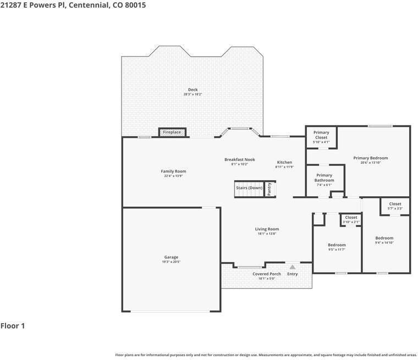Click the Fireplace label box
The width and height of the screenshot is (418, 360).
pyautogui.click(x=172, y=132)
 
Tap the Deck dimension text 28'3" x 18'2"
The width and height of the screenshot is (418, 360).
pyautogui.click(x=193, y=94)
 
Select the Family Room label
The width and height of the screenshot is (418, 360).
pyautogui.click(x=173, y=171)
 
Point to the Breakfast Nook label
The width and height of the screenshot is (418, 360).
pyautogui.click(x=239, y=159)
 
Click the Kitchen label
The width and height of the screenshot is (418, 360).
pyautogui.click(x=284, y=162)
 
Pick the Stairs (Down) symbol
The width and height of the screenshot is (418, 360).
pyautogui.click(x=249, y=189)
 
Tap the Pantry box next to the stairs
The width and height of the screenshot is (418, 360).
pyautogui.click(x=269, y=189)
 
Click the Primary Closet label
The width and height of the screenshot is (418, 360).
pyautogui.click(x=321, y=135)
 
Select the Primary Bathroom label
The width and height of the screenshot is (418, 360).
pyautogui.click(x=324, y=178)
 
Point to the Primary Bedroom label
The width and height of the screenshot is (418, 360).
pyautogui.click(x=370, y=158)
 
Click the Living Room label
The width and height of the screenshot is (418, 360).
pyautogui.click(x=267, y=229)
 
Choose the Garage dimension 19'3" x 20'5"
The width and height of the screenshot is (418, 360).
pyautogui.click(x=171, y=262)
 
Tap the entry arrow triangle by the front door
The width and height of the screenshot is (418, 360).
pyautogui.click(x=292, y=267)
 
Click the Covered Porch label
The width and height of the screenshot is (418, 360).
pyautogui.click(x=267, y=274)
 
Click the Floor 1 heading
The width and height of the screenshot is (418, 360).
pyautogui.click(x=13, y=326)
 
